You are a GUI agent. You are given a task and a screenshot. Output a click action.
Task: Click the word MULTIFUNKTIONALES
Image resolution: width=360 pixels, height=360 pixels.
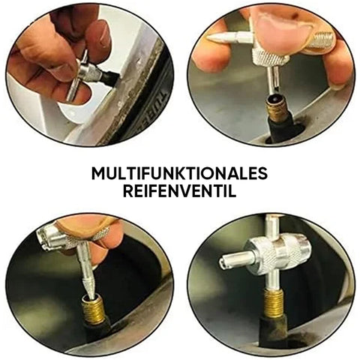coord(179,173)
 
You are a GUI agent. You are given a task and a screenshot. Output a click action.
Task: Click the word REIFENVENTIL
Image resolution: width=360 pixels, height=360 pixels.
coord(180,191)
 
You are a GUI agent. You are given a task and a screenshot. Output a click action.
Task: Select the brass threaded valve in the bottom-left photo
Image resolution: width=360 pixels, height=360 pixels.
coord(93,308)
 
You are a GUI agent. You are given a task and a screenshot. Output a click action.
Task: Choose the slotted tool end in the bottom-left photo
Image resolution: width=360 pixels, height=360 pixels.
coord(47,238)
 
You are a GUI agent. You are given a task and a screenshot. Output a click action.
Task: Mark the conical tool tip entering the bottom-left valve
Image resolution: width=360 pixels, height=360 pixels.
coord(89,286)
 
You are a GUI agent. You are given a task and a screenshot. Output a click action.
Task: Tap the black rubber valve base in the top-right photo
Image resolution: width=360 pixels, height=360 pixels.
coord(280,129)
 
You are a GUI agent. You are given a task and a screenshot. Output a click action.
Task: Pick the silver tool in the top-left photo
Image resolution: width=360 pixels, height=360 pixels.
coord(82,75)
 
